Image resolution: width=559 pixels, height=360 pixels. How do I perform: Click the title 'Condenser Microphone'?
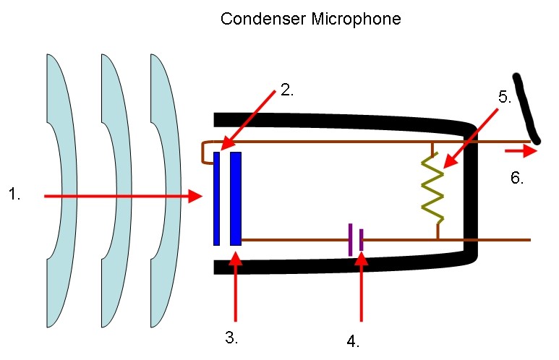click(x=311, y=20)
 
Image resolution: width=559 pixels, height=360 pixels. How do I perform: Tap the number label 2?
click(x=286, y=91)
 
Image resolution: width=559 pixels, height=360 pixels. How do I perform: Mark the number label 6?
click(x=516, y=178)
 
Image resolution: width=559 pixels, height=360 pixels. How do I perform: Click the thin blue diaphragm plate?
click(x=216, y=198)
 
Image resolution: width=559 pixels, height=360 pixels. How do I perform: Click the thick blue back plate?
click(x=235, y=198)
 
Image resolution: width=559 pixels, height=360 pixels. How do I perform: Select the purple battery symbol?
click(x=355, y=240)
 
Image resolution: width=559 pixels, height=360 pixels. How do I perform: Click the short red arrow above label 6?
click(x=521, y=152)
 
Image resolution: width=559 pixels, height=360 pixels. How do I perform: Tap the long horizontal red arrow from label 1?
click(x=123, y=196)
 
